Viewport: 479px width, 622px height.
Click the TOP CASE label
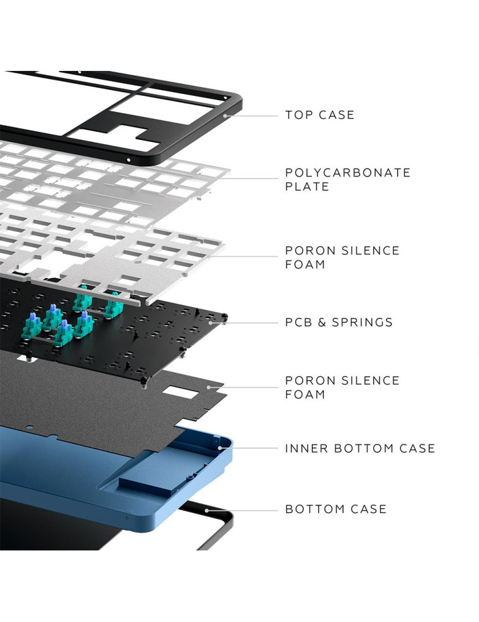point(320,115)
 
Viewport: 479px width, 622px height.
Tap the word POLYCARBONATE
point(348,173)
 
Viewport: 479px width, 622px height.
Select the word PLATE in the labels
point(307,187)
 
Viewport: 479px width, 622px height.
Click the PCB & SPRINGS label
point(339,322)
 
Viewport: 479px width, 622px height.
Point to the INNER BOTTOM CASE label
point(360,448)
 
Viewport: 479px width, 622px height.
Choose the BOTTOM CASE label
point(335,509)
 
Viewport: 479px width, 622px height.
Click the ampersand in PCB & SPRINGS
point(322,322)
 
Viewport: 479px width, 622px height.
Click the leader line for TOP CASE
point(252,116)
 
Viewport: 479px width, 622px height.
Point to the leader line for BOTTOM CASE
point(242,511)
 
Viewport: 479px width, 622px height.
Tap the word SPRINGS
point(362,322)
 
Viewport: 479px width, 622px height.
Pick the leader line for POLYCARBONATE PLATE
point(249,178)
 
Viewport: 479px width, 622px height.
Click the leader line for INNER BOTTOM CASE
point(249,448)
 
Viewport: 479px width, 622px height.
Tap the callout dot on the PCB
point(211,323)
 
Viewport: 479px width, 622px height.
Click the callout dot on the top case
point(225,116)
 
